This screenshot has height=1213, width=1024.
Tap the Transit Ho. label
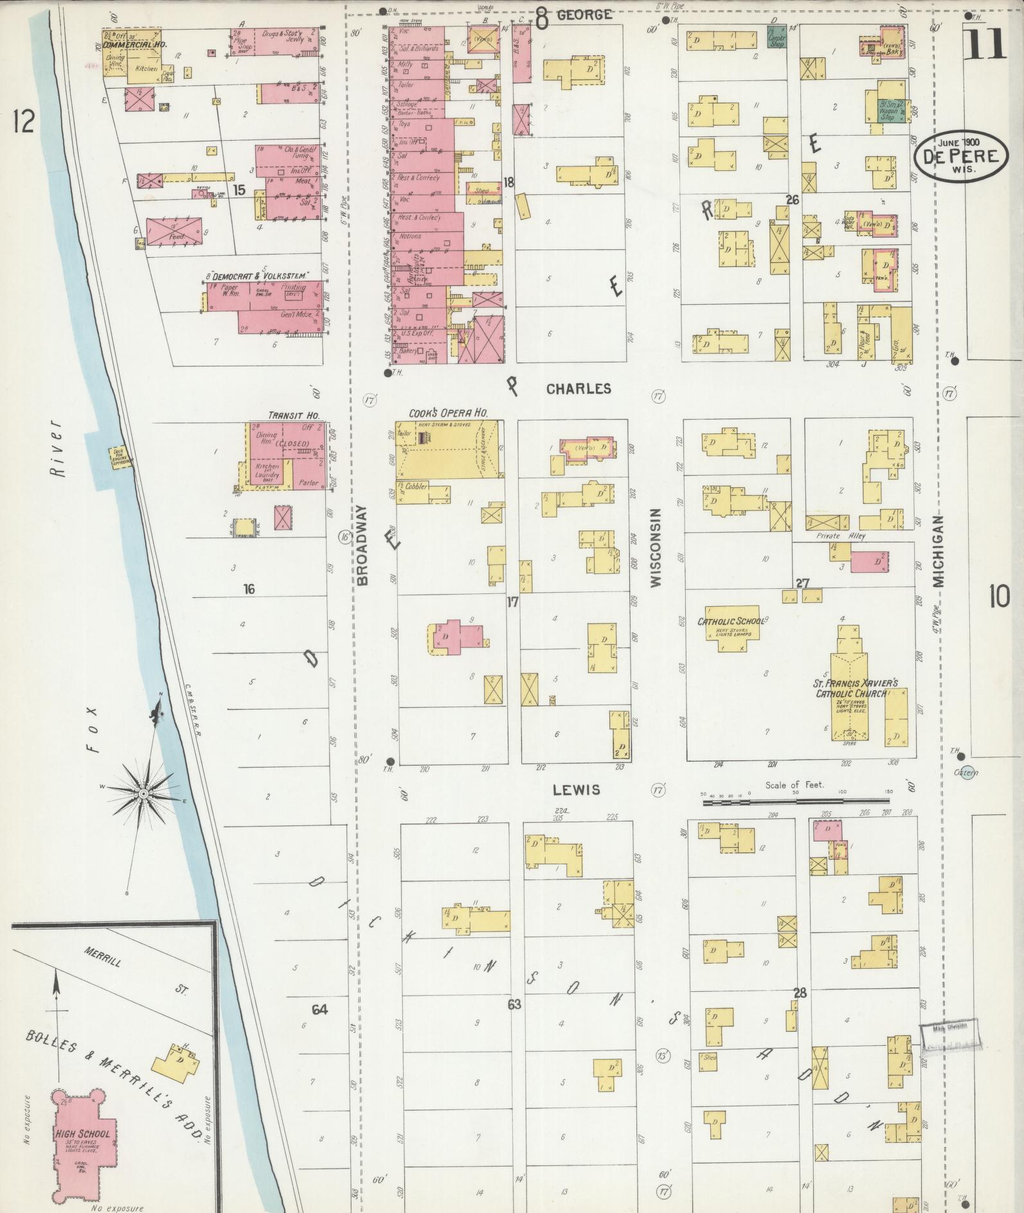[x=293, y=416]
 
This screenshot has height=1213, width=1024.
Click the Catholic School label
[x=730, y=621]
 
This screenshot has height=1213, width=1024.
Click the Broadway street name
[x=362, y=544]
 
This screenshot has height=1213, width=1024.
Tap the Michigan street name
[x=938, y=552]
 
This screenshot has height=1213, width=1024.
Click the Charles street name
[x=578, y=389]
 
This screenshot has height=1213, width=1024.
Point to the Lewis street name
[x=577, y=789]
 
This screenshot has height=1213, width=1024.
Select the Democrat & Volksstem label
[x=258, y=275]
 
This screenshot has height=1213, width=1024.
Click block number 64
[x=319, y=1009]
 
